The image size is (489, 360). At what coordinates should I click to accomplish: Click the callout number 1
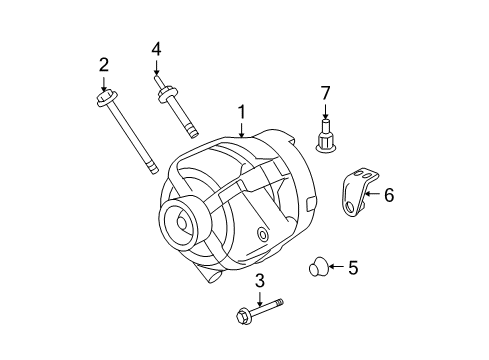240,113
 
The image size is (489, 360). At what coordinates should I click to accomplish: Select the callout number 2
104,66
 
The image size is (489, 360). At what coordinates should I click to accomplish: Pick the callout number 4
156,48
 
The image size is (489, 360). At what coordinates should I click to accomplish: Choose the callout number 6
389,195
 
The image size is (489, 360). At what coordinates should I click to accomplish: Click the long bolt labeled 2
130,135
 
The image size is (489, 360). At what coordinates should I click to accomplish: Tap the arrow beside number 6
371,194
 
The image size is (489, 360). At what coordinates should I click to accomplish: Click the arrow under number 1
240,129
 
